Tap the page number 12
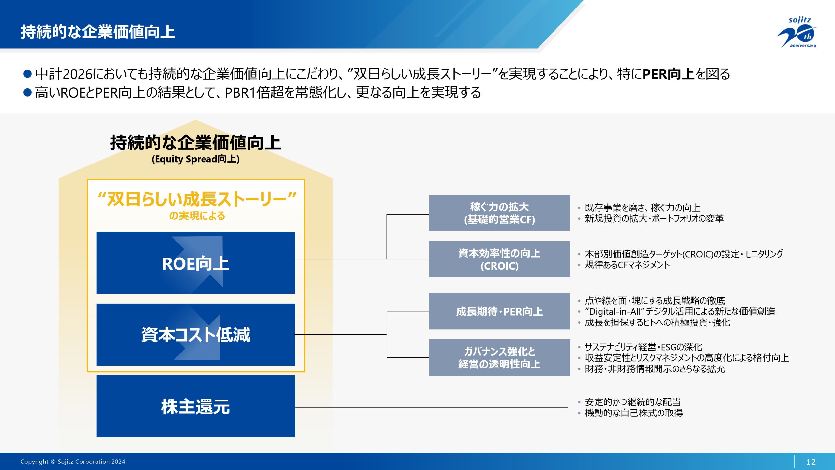coord(811,462)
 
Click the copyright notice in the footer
coord(73,462)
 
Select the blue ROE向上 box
coord(195,263)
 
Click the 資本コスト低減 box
coord(195,335)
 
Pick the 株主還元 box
coord(195,406)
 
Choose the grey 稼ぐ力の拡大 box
coord(499,213)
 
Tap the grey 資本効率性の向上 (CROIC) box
coord(499,259)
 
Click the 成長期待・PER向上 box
coord(499,311)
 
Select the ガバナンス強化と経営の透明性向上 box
coord(499,358)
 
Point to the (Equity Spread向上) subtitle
coord(195,159)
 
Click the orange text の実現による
coord(197,216)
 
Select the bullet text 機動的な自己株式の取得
coord(634,413)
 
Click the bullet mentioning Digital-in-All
coord(680,311)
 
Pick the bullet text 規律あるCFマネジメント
coord(627,265)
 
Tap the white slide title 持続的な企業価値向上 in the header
coord(98,32)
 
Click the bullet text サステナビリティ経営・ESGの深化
coord(643,347)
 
